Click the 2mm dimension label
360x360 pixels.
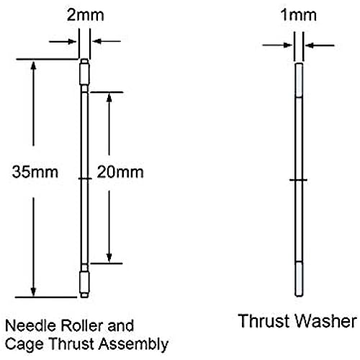(85, 15)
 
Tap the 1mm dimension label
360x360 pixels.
(298, 15)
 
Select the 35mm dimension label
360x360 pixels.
(35, 172)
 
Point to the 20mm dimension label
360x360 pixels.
(120, 172)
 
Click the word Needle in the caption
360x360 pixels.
(31, 326)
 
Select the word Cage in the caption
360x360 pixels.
(25, 345)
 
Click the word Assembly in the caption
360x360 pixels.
(134, 345)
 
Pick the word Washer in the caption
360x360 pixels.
(325, 321)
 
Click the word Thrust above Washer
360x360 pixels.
(264, 321)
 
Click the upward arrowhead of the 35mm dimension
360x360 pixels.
(33, 66)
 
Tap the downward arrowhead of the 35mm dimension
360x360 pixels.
(33, 292)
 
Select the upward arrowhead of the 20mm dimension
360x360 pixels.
(109, 98)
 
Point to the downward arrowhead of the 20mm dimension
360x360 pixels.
(109, 258)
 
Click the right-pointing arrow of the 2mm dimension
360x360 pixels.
(63, 41)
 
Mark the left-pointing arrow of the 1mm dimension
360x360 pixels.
(320, 45)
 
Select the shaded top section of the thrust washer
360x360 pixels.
(299, 80)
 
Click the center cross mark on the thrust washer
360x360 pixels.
(298, 180)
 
